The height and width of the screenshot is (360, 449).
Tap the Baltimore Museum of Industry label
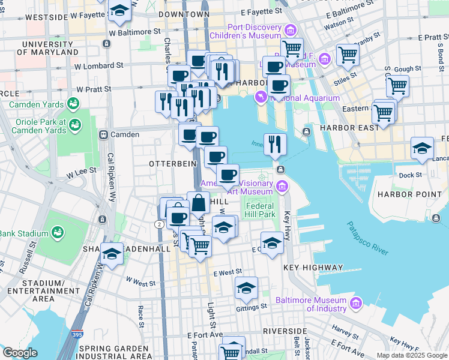coord(311,304)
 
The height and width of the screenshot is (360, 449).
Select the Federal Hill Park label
coord(259,210)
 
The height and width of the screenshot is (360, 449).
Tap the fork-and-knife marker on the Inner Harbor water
coord(275,144)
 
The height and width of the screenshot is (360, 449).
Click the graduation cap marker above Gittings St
coord(246,289)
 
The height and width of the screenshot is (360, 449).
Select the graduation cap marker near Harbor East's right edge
coord(422,148)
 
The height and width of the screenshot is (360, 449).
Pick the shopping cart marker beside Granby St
coord(348,56)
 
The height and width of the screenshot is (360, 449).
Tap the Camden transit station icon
coord(103,135)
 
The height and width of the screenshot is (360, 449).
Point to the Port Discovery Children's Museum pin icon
coord(291,30)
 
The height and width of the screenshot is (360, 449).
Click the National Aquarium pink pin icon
coord(261,96)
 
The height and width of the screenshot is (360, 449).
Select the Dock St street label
coord(410,175)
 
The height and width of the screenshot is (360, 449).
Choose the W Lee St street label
coord(77,173)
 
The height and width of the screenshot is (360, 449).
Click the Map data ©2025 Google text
coord(411,355)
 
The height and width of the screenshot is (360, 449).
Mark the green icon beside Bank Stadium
coord(58,232)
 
